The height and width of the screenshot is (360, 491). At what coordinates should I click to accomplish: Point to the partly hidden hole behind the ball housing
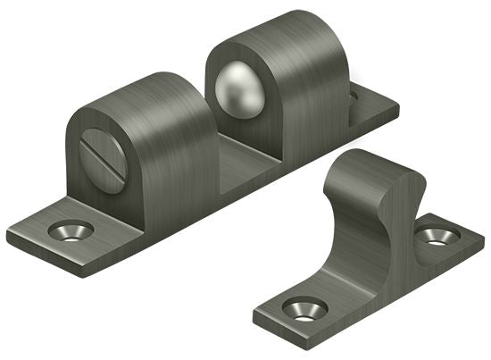tap(354, 92)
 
